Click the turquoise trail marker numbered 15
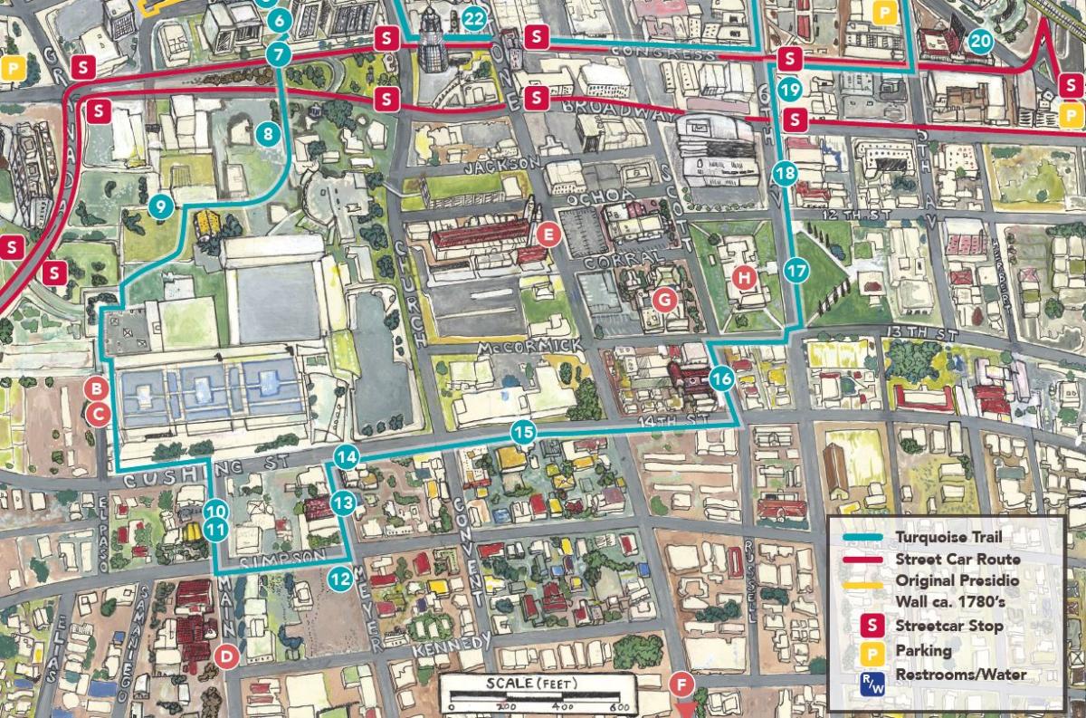[x=522, y=432]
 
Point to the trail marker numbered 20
[x=980, y=41]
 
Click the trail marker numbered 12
[x=340, y=577]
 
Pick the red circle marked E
[x=547, y=235]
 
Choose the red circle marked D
[x=227, y=655]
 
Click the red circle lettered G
[x=664, y=298]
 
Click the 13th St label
[x=923, y=334]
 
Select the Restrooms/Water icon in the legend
[x=872, y=675]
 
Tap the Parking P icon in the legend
[x=872, y=650]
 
